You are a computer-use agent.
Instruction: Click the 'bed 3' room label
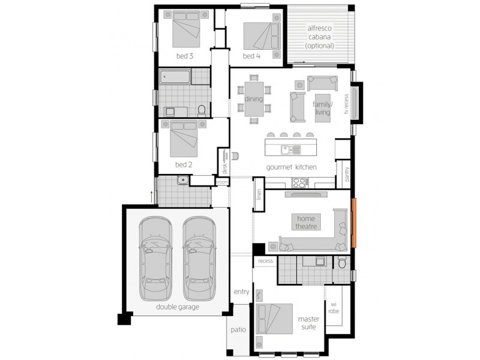[x=185, y=56]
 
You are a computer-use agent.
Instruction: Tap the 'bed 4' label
[x=251, y=56]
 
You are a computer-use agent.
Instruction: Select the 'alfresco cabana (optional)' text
[x=320, y=37]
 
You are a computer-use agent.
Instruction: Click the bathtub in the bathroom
[x=175, y=77]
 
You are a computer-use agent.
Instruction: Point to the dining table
[x=254, y=99]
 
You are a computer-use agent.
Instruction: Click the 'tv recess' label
[x=346, y=104]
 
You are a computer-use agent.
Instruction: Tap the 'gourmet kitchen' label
[x=291, y=167]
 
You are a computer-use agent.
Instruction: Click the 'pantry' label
[x=347, y=174]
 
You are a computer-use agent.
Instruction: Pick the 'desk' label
[x=224, y=169]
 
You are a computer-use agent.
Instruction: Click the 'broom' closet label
[x=222, y=182]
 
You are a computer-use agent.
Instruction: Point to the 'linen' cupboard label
[x=259, y=194]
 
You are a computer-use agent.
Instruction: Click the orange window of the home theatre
[x=353, y=223]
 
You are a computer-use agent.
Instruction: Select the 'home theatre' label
[x=306, y=223]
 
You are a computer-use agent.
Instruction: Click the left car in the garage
[x=155, y=259]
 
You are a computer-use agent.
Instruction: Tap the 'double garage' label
[x=178, y=307]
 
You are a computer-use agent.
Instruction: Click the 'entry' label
[x=242, y=292]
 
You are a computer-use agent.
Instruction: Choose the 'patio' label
[x=238, y=329]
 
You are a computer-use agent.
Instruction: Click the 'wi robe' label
[x=334, y=308]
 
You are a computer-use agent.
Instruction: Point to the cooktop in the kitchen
[x=299, y=183]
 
